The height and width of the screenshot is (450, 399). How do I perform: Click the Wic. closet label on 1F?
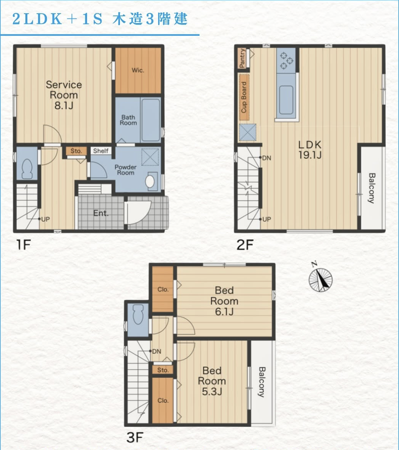(138, 70)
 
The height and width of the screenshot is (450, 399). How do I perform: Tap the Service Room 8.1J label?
(64, 95)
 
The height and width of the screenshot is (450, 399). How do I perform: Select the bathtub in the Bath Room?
(151, 120)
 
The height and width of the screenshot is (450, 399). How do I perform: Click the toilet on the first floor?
(27, 169)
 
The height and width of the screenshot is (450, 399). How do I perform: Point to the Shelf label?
(101, 151)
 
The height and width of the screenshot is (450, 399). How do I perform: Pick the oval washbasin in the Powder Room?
(150, 181)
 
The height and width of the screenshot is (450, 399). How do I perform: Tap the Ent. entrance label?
(101, 213)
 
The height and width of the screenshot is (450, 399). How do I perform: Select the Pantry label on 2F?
(242, 58)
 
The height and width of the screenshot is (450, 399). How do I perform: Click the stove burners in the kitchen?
(286, 60)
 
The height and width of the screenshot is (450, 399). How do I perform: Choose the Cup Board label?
(244, 97)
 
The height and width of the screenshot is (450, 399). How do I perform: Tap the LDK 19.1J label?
(310, 150)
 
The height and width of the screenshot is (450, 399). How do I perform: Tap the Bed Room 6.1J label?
(224, 301)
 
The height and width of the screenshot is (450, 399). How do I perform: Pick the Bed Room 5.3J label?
(212, 381)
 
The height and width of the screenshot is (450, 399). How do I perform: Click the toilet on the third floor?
(138, 314)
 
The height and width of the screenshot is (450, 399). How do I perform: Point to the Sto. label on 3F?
(163, 370)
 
